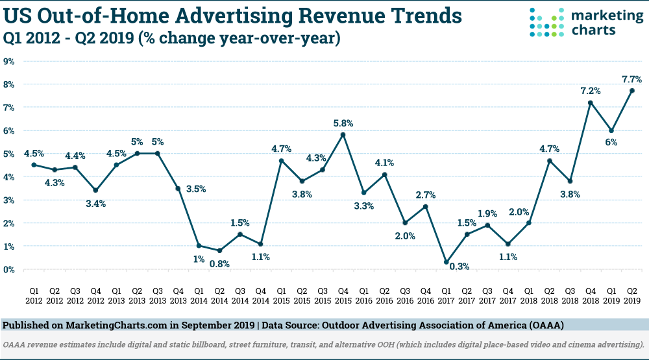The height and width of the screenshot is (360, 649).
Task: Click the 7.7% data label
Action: [x=631, y=78]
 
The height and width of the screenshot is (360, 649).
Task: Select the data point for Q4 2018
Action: [x=590, y=102]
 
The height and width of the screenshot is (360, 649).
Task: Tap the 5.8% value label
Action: [x=343, y=123]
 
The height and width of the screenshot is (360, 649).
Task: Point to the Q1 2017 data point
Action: [x=446, y=262]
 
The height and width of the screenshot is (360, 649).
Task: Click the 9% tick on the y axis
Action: [x=10, y=61]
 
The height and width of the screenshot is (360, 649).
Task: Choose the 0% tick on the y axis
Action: [x=10, y=269]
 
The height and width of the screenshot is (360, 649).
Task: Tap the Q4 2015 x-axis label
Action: [x=343, y=295]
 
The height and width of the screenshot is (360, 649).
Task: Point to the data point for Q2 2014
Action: [x=219, y=250]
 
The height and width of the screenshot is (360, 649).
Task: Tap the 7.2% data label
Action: [x=590, y=90]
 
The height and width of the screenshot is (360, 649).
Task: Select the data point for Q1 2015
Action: [x=281, y=160]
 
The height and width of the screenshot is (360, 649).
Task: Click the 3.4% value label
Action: [x=96, y=203]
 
